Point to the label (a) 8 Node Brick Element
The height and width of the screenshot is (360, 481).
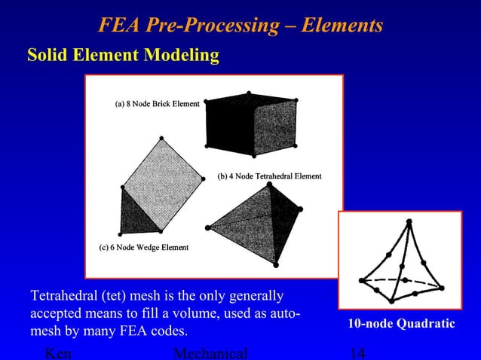click(157, 104)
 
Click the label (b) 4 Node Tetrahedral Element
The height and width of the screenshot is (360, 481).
click(269, 176)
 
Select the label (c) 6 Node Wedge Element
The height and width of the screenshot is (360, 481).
click(144, 247)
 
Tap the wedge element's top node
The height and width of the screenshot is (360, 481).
click(161, 138)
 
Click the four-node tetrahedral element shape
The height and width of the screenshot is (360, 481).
click(256, 218)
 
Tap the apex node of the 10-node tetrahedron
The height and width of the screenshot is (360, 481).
click(409, 221)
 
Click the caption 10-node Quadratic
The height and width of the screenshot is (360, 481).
click(401, 323)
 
